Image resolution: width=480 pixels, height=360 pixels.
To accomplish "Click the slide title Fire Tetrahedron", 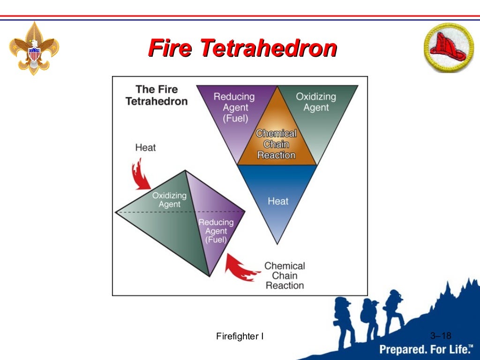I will tap(242, 48).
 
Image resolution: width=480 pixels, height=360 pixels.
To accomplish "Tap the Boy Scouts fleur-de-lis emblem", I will tap(34, 48).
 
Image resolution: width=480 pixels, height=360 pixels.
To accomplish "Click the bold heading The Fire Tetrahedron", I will tap(157, 95).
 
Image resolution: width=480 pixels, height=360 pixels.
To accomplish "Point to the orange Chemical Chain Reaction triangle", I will tap(277, 141).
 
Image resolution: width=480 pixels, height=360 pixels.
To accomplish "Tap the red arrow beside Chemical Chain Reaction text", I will tap(240, 267).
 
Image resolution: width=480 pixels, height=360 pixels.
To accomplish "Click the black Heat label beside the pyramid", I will tap(145, 148).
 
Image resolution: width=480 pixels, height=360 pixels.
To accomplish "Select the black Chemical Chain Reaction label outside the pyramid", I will tap(284, 276).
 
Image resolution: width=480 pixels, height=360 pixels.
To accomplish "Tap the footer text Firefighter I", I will tap(240, 336).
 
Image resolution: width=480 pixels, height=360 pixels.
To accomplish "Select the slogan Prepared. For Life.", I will tap(426, 350).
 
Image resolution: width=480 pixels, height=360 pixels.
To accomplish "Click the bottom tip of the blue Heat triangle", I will tap(277, 243).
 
